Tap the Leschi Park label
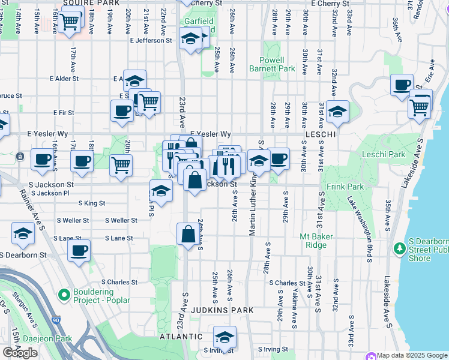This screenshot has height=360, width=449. tap(384, 155)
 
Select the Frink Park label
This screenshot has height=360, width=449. tap(346, 187)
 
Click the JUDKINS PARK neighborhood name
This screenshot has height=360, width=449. tap(223, 310)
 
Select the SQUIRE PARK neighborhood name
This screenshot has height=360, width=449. tap(91, 3)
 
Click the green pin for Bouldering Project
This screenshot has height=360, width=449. tap(64, 295)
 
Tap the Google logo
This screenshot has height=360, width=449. tap(20, 353)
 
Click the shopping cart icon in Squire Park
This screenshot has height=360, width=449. tap(70, 22)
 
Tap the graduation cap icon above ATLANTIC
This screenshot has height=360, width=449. tap(225, 337)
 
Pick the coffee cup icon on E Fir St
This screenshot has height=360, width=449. tap(122, 110)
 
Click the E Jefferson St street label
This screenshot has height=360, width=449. tap(150, 40)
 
